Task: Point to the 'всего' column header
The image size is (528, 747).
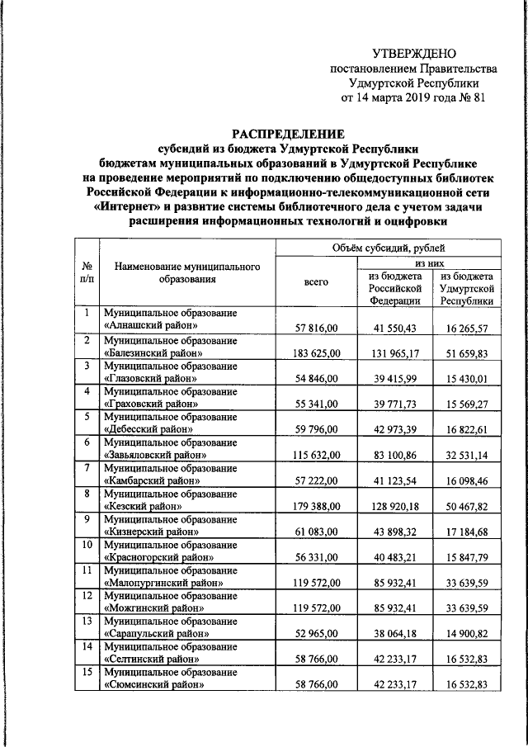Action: point(316,282)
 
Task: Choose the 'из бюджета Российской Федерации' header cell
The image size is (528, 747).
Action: point(396,288)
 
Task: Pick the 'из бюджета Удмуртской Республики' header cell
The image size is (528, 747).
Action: point(467,288)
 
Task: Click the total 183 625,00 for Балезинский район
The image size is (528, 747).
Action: point(316,354)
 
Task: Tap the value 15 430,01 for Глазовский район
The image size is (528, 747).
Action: point(467,381)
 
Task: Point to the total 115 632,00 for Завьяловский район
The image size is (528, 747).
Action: point(316,456)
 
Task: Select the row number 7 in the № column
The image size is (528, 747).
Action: point(86,468)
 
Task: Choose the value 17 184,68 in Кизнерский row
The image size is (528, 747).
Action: point(467,532)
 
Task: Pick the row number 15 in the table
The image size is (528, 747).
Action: point(86,671)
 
